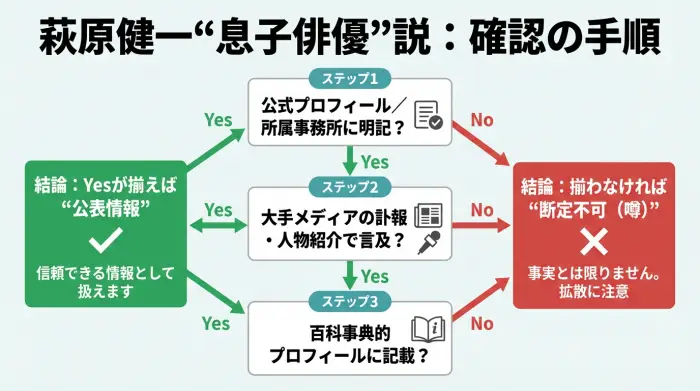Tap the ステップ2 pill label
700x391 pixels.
[349, 185]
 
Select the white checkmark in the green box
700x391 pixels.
[105, 240]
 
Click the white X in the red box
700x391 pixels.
[595, 240]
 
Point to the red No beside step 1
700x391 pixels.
[482, 120]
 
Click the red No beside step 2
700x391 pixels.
[482, 210]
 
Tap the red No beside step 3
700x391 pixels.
[482, 323]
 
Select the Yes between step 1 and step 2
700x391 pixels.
[374, 162]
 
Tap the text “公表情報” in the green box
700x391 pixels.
[105, 207]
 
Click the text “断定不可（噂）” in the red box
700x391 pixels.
[595, 207]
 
